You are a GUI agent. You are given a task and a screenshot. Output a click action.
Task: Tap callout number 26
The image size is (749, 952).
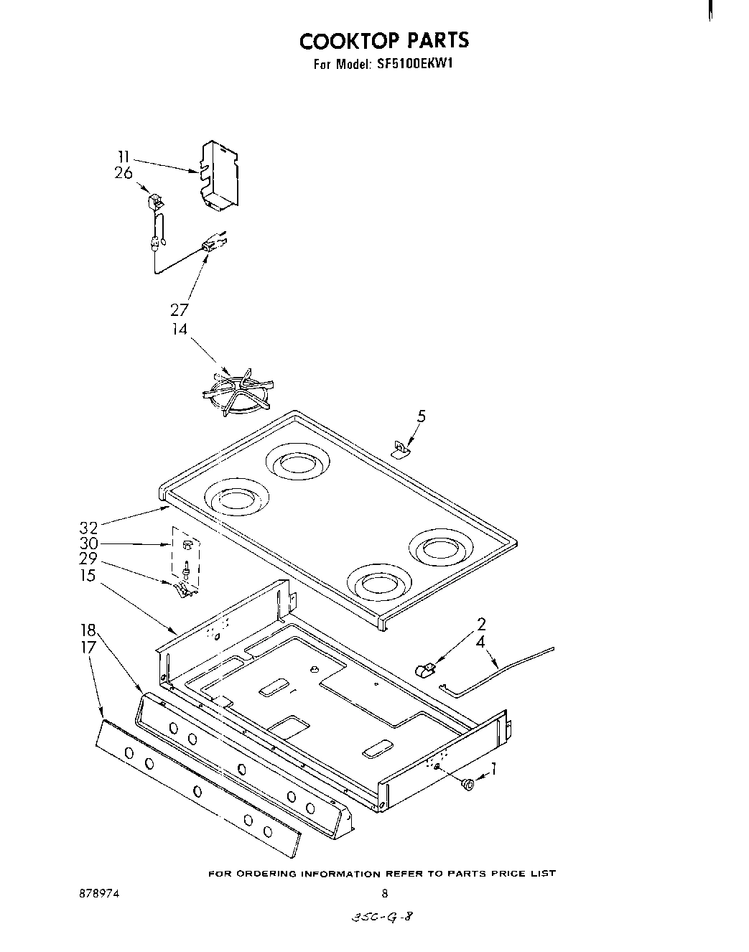123,173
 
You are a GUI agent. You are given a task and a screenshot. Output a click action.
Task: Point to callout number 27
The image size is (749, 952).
179,310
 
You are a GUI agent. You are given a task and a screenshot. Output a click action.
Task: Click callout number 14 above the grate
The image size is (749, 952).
179,329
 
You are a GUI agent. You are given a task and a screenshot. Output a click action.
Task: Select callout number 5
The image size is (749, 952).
421,415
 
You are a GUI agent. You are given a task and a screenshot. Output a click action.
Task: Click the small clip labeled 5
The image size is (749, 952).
399,450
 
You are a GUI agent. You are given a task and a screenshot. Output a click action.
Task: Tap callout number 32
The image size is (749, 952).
88,528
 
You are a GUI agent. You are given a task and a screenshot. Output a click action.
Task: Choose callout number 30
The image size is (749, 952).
88,543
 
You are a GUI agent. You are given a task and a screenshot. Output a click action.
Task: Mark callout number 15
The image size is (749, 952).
88,575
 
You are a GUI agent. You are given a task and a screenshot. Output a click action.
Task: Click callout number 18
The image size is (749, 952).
88,630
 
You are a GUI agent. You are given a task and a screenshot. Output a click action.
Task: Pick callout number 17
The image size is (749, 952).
88,646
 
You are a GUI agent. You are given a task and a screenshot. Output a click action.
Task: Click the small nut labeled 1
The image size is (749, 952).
468,785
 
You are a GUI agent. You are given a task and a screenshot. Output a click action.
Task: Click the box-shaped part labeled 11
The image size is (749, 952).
220,174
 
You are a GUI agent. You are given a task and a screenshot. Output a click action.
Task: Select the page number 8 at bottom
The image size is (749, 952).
385,894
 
